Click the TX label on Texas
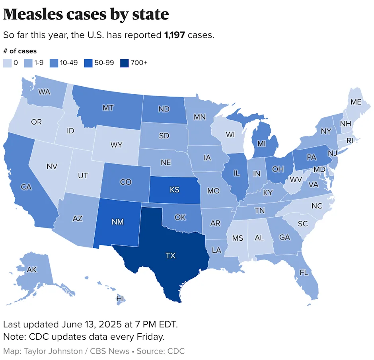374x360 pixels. (x=170, y=255)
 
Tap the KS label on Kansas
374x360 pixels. (x=174, y=190)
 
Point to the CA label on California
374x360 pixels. (x=26, y=187)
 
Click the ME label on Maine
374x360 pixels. (x=356, y=102)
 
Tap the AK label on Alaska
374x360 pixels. (x=32, y=270)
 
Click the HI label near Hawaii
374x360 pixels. (x=120, y=298)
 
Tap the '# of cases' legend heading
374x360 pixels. (x=20, y=51)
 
